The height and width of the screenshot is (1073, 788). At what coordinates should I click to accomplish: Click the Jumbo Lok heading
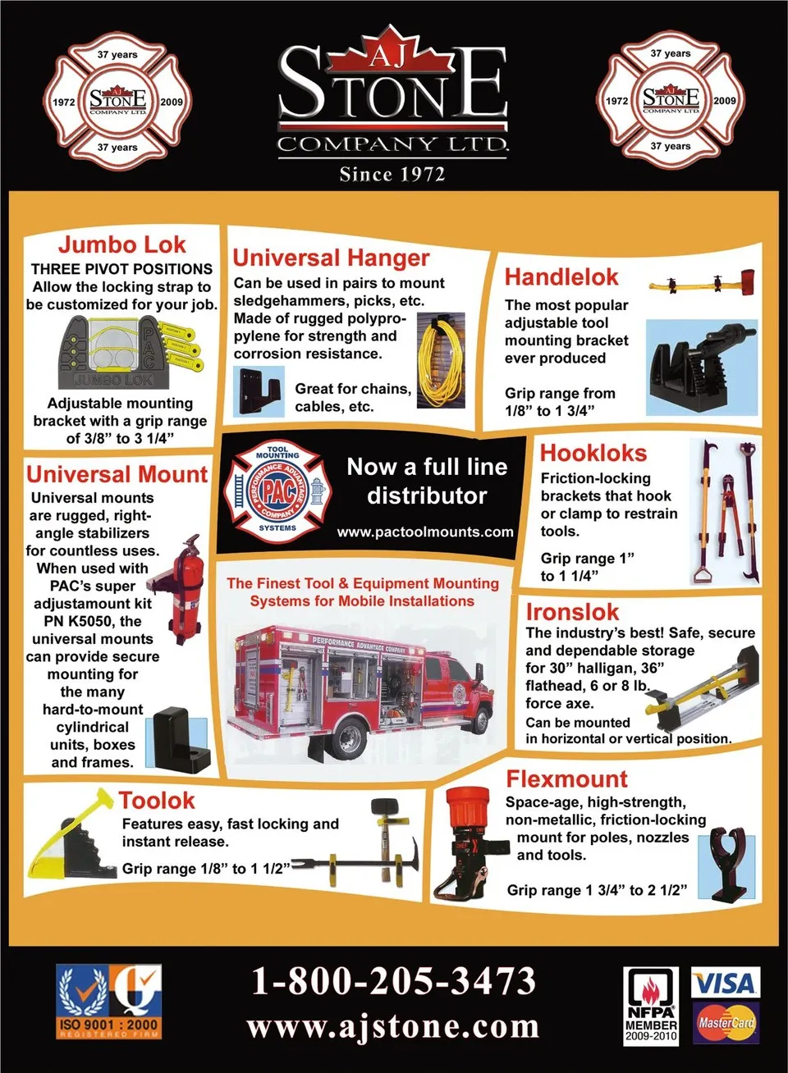121,244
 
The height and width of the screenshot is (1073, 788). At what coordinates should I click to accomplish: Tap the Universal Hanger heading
331,258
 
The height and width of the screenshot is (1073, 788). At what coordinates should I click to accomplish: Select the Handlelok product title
561,277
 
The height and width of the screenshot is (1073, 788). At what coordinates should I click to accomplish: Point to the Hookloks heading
593,453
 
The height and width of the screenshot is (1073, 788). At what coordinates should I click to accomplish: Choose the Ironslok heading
572,612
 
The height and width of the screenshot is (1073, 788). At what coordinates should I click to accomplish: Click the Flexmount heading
566,778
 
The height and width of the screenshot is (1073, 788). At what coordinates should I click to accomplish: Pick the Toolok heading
157,801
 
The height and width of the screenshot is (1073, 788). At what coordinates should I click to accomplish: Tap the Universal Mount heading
117,475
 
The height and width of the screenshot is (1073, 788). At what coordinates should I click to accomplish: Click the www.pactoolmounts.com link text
425,532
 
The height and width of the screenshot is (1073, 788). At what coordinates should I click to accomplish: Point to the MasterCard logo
726,1023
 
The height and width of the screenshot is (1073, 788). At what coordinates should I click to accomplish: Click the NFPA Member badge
651,1006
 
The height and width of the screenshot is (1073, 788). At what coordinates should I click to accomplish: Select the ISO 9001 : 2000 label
109,1025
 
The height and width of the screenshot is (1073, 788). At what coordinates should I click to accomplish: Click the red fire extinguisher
187,590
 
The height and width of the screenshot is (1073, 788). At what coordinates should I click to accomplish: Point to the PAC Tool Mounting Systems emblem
277,493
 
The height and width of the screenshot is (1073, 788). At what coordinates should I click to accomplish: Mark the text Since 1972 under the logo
392,175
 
